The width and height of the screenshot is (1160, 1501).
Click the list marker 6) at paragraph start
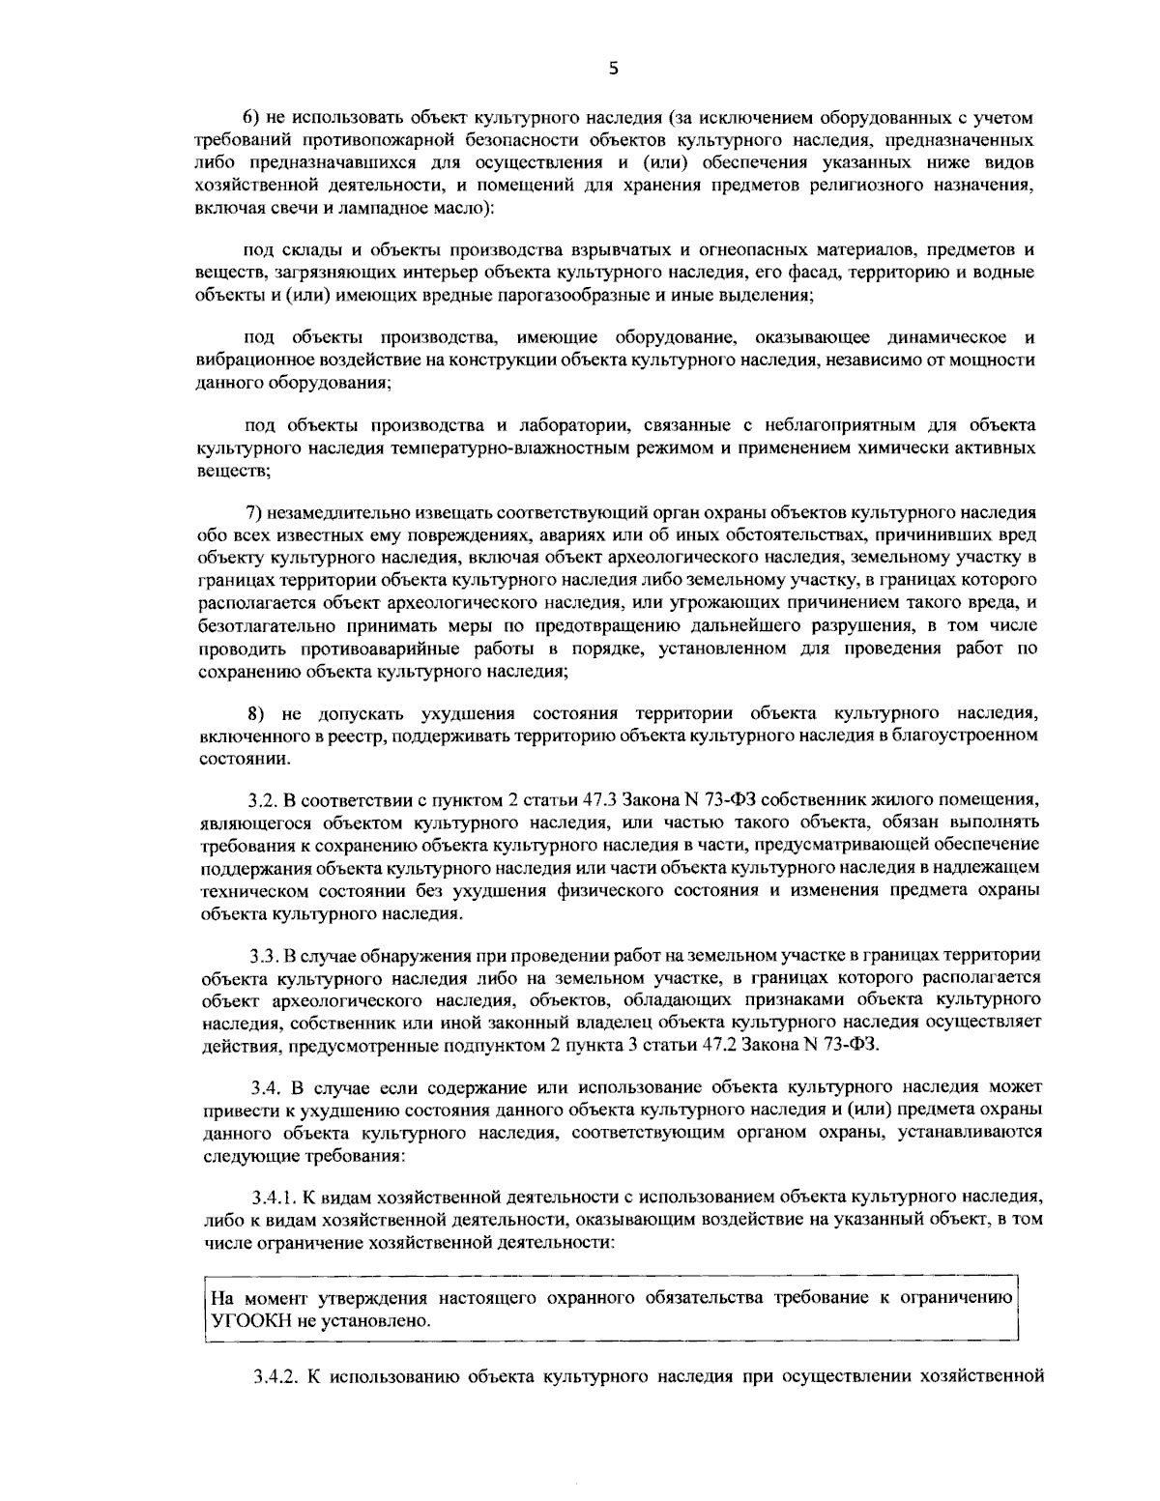(249, 118)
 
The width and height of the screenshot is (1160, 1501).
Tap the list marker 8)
(257, 714)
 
